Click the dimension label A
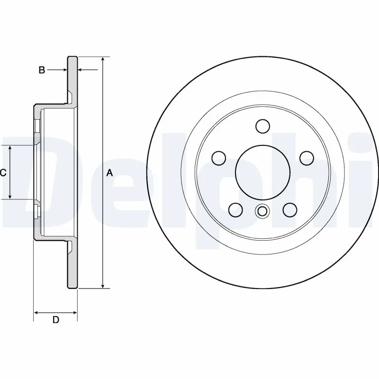click(x=110, y=173)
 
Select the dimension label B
click(x=42, y=70)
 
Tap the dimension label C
click(x=3, y=173)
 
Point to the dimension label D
click(x=55, y=320)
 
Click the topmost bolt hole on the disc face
click(x=262, y=126)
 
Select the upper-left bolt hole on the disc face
click(x=218, y=157)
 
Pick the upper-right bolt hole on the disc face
click(x=307, y=157)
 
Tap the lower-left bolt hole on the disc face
click(x=235, y=209)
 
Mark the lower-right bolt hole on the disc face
click(x=289, y=209)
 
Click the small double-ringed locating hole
click(x=262, y=211)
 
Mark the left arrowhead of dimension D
click(x=37, y=312)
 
